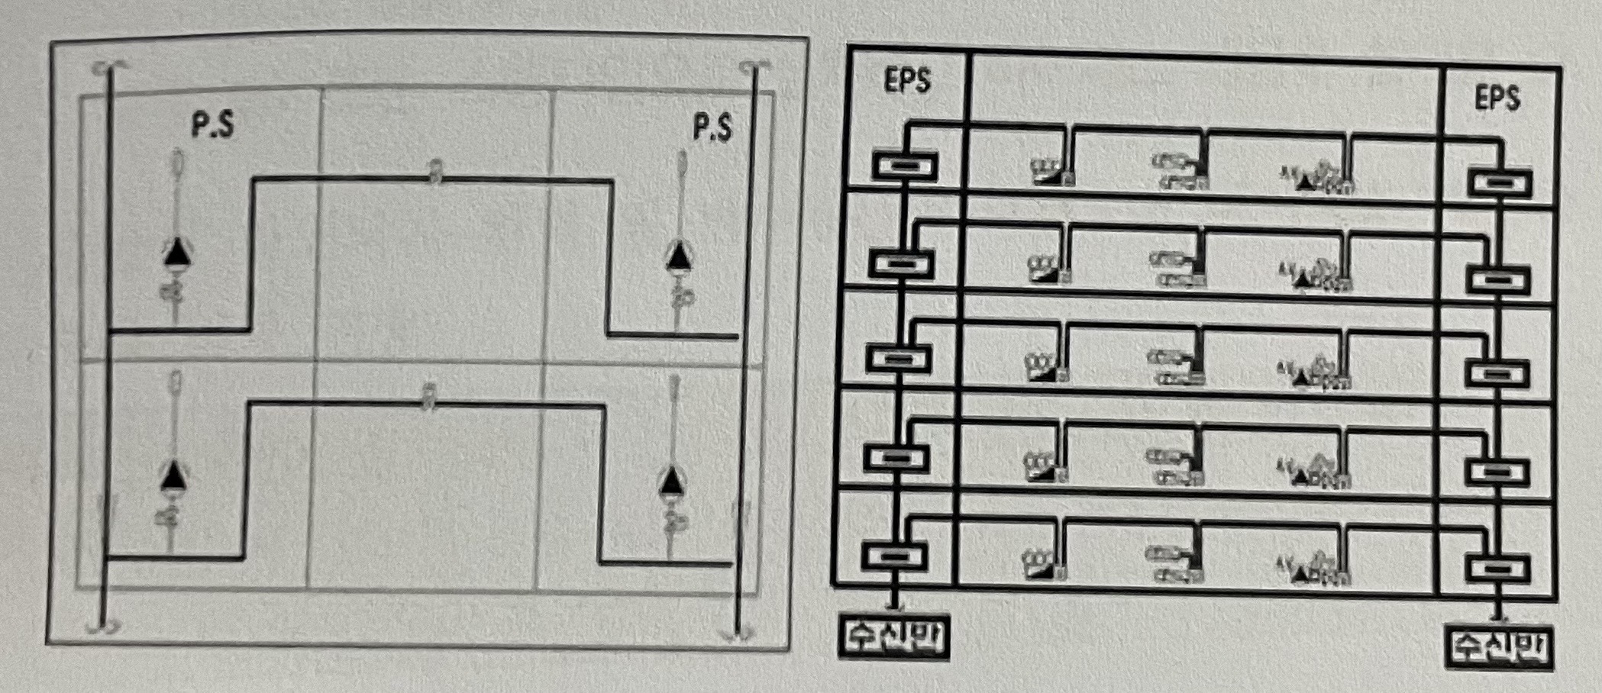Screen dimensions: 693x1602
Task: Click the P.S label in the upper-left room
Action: [x=213, y=127]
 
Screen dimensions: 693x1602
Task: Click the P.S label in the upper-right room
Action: [x=712, y=128]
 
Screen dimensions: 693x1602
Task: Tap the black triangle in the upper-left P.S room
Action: [x=178, y=252]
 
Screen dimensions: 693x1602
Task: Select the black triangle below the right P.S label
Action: [x=677, y=256]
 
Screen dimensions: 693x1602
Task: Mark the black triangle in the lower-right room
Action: [x=671, y=481]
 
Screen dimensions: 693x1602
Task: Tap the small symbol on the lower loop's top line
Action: [x=429, y=397]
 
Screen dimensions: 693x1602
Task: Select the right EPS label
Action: [x=1497, y=98]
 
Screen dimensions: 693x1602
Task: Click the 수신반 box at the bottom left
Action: [x=894, y=636]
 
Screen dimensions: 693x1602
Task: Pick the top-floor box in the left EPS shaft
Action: [x=905, y=166]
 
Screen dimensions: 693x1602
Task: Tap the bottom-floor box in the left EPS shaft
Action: [x=894, y=555]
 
